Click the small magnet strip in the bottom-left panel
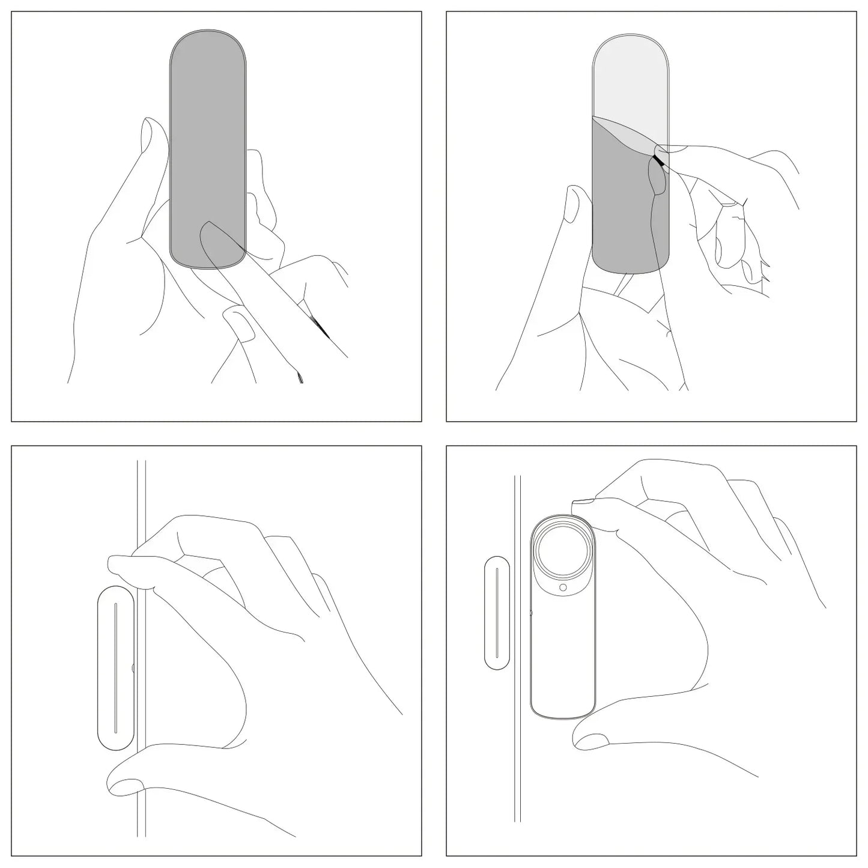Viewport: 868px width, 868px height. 115,667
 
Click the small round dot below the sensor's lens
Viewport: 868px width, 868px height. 563,587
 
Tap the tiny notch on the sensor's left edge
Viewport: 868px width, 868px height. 531,613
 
